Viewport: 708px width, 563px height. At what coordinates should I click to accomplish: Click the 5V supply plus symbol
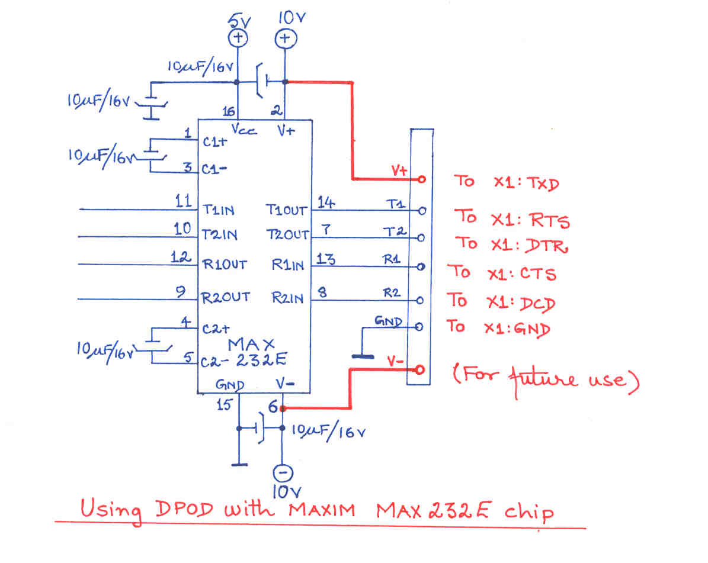(238, 39)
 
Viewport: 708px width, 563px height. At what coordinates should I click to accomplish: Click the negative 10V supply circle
(282, 472)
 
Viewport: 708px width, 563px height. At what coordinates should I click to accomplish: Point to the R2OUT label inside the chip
(226, 297)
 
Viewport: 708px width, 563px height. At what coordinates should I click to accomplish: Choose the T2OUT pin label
(287, 235)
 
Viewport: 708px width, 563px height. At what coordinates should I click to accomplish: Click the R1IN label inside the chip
(287, 265)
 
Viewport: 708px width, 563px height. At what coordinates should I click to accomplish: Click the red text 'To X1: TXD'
(506, 182)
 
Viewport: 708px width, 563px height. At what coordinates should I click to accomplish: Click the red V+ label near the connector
(399, 171)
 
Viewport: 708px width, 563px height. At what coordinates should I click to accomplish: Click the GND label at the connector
(389, 321)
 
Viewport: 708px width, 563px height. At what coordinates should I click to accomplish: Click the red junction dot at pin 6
(283, 408)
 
